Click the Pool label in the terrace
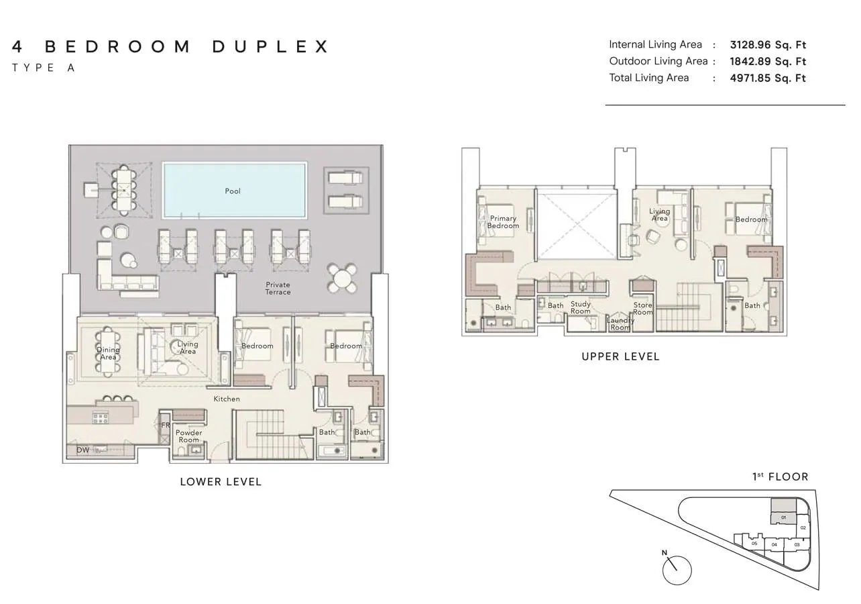pos(233,191)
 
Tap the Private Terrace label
pos(278,288)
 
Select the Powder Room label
pos(188,436)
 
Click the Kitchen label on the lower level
pos(227,399)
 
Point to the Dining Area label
pos(108,353)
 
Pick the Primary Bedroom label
pos(503,222)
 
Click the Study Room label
pos(581,307)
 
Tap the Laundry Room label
pos(620,323)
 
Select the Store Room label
pos(643,308)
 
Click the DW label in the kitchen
pos(82,450)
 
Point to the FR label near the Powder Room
pos(165,425)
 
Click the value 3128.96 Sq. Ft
pos(768,45)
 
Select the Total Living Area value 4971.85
pos(750,78)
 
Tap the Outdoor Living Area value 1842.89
pos(750,62)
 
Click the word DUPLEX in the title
pos(270,46)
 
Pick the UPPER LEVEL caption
pos(620,356)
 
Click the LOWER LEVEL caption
pos(221,482)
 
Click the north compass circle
pos(677,570)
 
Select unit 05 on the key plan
pos(754,544)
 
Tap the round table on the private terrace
pos(342,278)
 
